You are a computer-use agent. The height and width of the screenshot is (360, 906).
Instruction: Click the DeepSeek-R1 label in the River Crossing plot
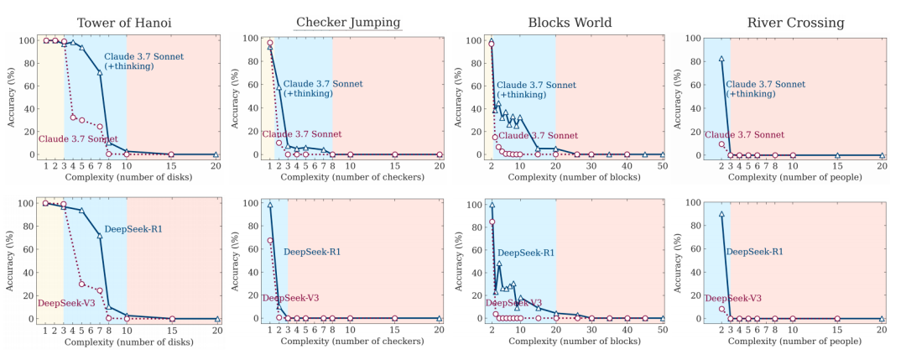754,251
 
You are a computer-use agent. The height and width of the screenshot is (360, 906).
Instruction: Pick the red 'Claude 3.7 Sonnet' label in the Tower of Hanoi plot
77,138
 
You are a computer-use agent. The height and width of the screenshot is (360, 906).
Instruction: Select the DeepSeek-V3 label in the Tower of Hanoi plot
65,303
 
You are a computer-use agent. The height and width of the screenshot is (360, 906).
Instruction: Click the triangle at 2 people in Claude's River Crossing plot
721,59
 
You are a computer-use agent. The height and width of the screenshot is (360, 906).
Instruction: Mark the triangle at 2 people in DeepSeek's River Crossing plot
721,214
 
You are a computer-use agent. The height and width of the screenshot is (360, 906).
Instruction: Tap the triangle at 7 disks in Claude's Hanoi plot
99,72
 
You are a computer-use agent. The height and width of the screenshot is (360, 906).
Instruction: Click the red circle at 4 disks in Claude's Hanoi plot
73,117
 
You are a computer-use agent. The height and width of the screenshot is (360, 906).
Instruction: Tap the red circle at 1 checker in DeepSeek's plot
269,241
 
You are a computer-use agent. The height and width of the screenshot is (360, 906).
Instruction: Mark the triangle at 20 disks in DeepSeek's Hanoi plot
216,319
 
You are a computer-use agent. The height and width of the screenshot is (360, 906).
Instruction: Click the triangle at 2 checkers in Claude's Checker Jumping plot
279,87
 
